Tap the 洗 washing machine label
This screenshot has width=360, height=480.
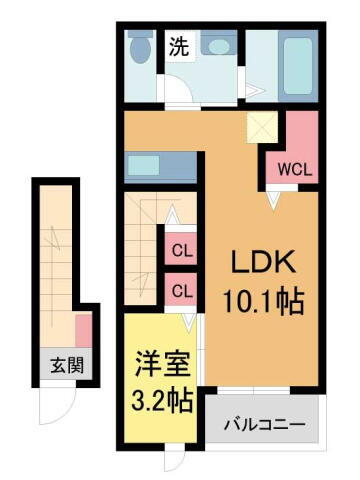coord(178,46)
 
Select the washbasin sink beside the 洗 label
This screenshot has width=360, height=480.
coord(217,44)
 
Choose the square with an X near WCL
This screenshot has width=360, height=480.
coord(264,129)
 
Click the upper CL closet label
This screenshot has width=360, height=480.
coord(181,251)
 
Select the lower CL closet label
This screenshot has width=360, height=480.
coord(181,291)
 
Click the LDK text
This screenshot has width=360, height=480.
coord(262,264)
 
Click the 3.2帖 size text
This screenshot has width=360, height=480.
coord(160,401)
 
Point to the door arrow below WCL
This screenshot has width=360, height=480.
coord(271,199)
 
